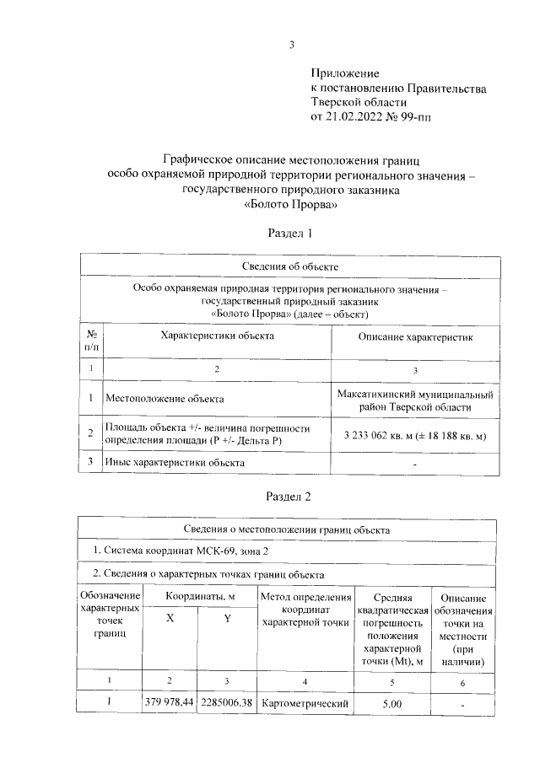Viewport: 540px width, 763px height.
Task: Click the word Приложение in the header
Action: point(345,74)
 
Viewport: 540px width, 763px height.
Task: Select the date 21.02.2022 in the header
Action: point(354,116)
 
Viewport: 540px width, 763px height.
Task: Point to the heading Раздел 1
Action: point(290,232)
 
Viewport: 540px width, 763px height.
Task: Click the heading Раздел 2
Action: point(290,497)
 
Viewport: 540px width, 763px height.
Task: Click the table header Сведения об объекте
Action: point(290,266)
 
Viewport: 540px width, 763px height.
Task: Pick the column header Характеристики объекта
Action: point(218,336)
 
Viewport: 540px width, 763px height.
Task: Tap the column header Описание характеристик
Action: point(415,336)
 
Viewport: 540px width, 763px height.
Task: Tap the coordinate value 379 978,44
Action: point(170,701)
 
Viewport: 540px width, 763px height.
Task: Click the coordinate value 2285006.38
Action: point(227,701)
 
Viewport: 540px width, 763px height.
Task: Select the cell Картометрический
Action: point(305,701)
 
